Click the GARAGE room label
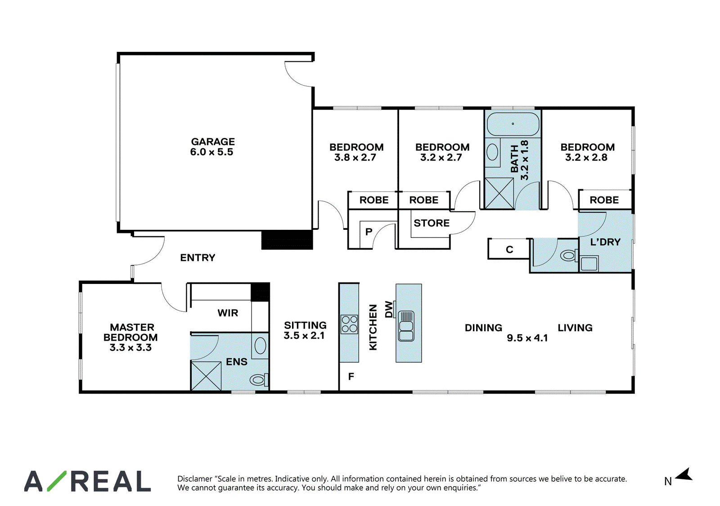[213, 141]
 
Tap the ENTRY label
[198, 258]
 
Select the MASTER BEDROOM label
[130, 332]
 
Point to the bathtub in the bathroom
[513, 124]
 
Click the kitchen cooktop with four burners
[349, 324]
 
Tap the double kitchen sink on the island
[406, 326]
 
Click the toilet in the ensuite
[259, 380]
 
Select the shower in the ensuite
[206, 376]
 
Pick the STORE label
[432, 223]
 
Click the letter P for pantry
[369, 232]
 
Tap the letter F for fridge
[351, 376]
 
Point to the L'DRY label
[605, 242]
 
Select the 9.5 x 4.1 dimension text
[527, 338]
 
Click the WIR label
[228, 313]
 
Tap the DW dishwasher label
[389, 310]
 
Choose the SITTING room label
[305, 325]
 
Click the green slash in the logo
[57, 481]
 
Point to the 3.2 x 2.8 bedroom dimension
[586, 157]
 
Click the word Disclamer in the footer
[195, 479]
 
